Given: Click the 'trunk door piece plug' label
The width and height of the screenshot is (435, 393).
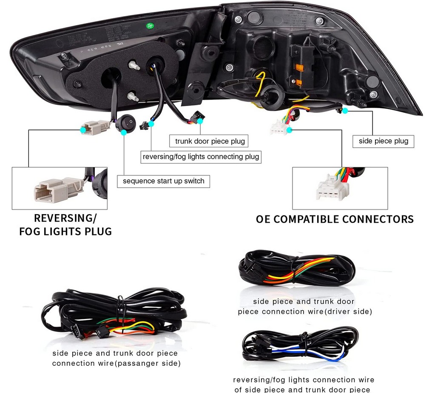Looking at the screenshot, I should pyautogui.click(x=210, y=141).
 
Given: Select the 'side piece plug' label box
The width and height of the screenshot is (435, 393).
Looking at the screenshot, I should pyautogui.click(x=383, y=141).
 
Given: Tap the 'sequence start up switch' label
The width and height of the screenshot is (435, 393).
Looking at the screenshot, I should pyautogui.click(x=163, y=181).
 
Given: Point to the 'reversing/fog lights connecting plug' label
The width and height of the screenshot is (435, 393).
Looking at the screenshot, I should pyautogui.click(x=201, y=157).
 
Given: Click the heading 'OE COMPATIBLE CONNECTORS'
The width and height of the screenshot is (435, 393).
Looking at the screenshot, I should pyautogui.click(x=335, y=219).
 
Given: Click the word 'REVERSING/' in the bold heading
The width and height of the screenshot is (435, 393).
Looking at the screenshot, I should pyautogui.click(x=65, y=218).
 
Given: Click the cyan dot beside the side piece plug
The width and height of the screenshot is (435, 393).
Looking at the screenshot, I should pyautogui.click(x=345, y=111).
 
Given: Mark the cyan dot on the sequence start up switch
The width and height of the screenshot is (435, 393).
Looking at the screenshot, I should pyautogui.click(x=123, y=133).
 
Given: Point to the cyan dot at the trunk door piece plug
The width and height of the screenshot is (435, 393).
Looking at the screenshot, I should pyautogui.click(x=200, y=121).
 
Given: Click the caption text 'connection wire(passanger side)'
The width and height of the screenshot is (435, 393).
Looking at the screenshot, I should pyautogui.click(x=116, y=363).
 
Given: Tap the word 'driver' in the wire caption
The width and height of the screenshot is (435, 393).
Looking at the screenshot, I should pyautogui.click(x=340, y=312).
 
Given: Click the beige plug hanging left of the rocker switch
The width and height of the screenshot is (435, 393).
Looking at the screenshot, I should pyautogui.click(x=95, y=127).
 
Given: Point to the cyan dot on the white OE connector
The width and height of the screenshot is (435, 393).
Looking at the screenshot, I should pyautogui.click(x=289, y=129).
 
